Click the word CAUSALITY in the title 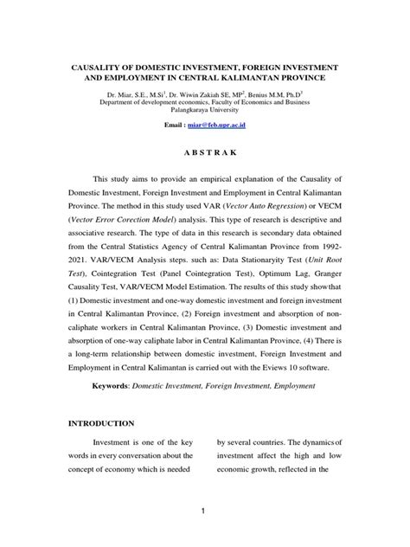click(x=90, y=67)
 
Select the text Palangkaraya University click(x=205, y=111)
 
